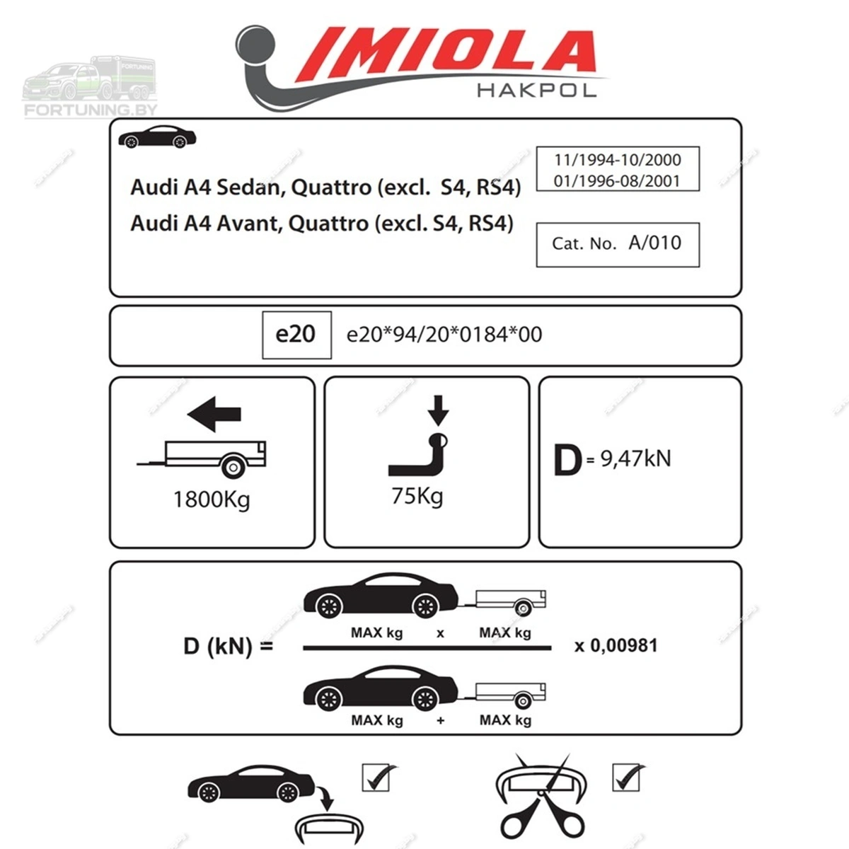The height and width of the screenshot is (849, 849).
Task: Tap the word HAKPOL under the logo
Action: [536, 91]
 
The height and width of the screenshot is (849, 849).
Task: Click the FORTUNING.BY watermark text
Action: [91, 110]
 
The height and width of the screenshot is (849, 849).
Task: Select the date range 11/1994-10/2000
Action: [617, 159]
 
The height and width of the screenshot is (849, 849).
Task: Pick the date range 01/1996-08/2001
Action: [617, 180]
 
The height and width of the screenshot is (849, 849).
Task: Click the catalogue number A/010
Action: [654, 243]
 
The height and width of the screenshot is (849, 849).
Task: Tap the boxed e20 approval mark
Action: [296, 335]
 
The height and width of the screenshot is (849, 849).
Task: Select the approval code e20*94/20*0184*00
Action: [444, 335]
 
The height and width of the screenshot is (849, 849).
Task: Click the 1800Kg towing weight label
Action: [212, 499]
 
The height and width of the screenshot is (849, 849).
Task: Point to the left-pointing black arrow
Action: [214, 414]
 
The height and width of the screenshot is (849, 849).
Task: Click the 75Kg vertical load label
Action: [417, 497]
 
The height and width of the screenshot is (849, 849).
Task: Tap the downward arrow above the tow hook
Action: [438, 410]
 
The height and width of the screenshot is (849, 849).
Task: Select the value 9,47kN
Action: [636, 459]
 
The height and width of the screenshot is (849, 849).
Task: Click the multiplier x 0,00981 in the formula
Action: [616, 645]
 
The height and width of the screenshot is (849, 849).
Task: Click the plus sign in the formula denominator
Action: [441, 720]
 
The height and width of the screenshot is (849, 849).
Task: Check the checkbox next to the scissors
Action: [625, 778]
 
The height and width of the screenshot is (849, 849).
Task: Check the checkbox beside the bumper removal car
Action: [376, 778]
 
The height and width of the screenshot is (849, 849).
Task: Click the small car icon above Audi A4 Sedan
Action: [157, 137]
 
